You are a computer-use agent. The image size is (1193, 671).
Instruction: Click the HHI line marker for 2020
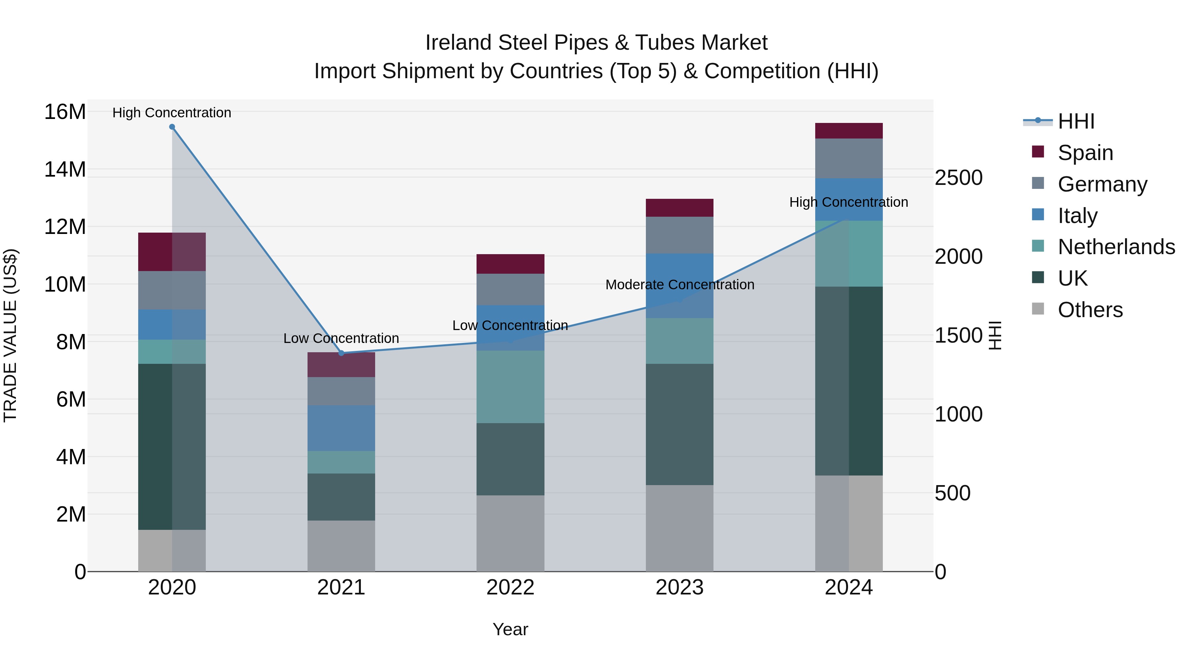point(172,127)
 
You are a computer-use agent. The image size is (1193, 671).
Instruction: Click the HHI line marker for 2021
point(341,353)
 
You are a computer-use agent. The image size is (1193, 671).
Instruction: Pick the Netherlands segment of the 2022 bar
point(510,387)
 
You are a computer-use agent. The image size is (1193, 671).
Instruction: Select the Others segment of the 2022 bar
point(510,533)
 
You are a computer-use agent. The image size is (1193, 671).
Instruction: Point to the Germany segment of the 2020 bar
point(172,290)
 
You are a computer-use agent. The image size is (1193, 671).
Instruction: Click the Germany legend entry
point(1102,184)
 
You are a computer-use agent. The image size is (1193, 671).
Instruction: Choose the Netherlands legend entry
point(1116,247)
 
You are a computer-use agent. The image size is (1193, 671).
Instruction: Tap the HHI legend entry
point(1076,121)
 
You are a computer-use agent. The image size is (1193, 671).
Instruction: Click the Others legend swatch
point(1038,309)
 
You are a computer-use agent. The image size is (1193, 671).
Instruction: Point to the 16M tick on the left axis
point(65,112)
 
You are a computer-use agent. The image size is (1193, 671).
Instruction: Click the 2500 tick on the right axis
point(958,178)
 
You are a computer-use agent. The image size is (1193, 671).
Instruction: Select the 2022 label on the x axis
point(510,587)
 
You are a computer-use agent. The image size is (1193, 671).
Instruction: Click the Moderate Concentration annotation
point(679,285)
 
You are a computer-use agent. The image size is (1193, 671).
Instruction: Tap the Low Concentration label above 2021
point(341,339)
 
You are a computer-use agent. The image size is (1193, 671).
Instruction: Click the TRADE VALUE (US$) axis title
point(10,335)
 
